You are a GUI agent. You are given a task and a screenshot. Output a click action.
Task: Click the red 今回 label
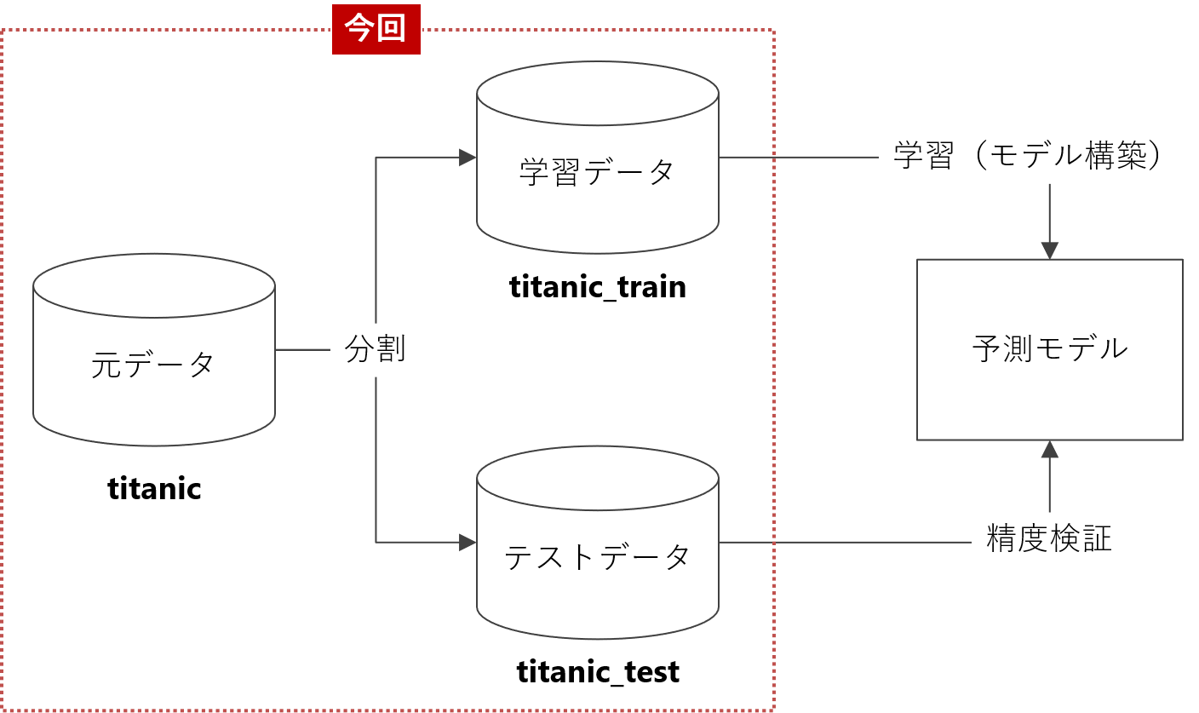(376, 30)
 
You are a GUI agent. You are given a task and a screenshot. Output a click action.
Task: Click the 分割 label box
(376, 349)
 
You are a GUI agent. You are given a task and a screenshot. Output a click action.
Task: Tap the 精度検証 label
(1049, 539)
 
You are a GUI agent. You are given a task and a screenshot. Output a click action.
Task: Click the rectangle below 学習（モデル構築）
(1049, 349)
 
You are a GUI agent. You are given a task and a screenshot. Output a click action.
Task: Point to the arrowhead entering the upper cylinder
(468, 158)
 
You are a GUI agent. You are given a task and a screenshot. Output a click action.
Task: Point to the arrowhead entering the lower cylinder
(468, 542)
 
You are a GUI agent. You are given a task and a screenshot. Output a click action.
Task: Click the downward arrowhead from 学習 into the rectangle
(1049, 250)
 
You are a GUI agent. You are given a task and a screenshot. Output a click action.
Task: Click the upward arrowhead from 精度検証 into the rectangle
(1049, 449)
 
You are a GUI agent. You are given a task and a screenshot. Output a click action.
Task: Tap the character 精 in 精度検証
(1001, 539)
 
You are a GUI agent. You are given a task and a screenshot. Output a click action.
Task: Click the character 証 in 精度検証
(1097, 539)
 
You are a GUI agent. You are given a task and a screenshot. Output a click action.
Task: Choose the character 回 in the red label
(392, 30)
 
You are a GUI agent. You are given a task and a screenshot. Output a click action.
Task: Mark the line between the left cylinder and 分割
(302, 349)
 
